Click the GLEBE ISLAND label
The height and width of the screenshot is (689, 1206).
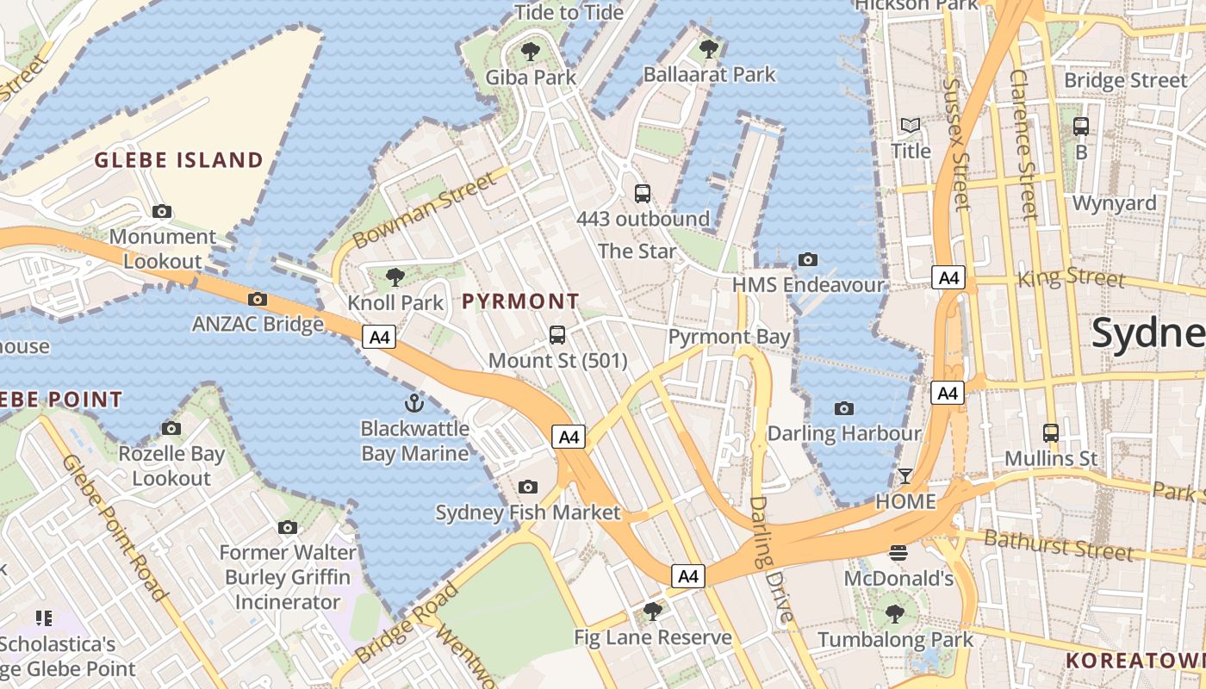coord(178,160)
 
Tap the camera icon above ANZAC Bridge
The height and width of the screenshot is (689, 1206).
coord(257,300)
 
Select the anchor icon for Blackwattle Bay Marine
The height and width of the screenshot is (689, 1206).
coord(415,403)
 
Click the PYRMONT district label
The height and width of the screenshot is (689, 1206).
coord(520,301)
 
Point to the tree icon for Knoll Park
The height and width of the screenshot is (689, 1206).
coord(395,276)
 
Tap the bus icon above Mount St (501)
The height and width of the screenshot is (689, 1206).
coord(557,334)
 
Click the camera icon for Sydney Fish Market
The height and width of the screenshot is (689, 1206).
coord(528,487)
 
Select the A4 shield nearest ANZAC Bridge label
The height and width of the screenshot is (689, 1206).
coord(379,337)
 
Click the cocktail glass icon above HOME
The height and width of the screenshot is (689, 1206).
coord(905,475)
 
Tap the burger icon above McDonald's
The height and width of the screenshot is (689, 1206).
coord(898,552)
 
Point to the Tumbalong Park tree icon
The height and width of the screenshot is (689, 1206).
coord(895,614)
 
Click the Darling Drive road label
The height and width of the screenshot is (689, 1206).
coord(770,560)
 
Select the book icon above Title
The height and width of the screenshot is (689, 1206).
coord(911,126)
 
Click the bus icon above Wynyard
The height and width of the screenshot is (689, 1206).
coord(1081,127)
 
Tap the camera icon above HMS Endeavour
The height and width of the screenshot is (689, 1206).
coord(807,259)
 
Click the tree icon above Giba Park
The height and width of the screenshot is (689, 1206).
coord(531,51)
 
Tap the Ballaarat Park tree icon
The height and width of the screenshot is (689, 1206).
coord(709,48)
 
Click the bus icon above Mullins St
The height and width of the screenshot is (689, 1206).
coord(1051,432)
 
